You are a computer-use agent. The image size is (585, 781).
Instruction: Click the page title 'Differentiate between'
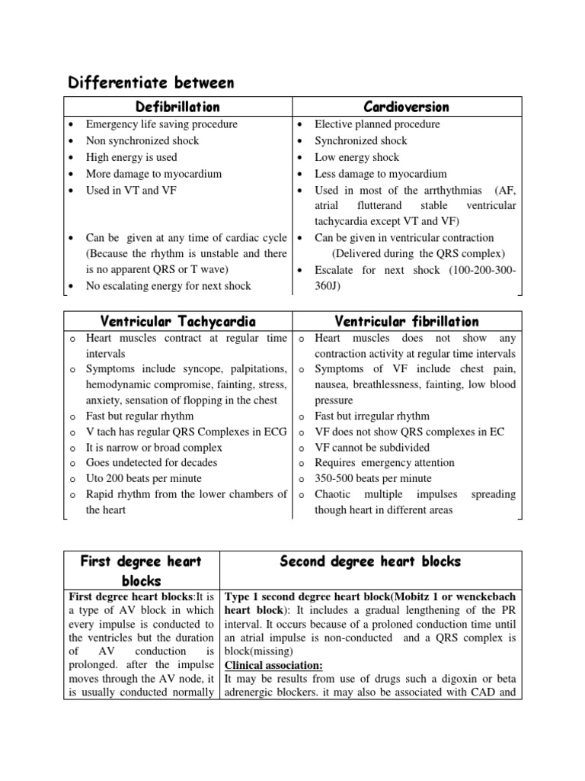[151, 82]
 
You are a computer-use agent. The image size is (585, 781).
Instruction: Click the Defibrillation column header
[177, 107]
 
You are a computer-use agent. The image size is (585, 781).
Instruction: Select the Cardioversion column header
[406, 107]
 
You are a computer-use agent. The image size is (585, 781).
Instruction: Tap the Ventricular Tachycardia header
[177, 321]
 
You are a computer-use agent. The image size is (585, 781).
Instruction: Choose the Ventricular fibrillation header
[406, 321]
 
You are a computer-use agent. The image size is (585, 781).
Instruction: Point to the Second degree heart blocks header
[370, 561]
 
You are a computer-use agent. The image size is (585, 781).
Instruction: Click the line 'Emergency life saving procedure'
[161, 124]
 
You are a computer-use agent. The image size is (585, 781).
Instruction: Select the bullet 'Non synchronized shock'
[142, 141]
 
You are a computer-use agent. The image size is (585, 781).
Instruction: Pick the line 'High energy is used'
[131, 157]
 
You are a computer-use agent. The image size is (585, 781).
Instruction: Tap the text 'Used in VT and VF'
[131, 190]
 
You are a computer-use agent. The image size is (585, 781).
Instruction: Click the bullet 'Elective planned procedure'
[377, 124]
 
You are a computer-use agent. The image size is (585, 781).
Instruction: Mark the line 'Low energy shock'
[356, 157]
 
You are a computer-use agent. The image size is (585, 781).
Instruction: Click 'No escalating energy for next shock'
[168, 286]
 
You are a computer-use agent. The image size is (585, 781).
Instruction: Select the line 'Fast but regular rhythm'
[139, 416]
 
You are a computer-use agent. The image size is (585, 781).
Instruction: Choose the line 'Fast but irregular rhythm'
[372, 416]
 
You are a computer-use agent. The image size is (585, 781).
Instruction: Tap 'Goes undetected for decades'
[152, 462]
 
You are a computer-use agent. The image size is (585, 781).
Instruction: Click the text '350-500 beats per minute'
[372, 478]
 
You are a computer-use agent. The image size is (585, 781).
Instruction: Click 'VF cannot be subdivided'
[372, 447]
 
